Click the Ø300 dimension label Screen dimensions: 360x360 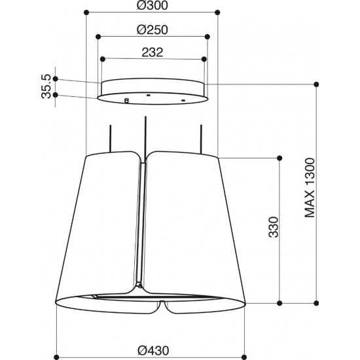click(x=153, y=5)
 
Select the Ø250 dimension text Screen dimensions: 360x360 click(x=153, y=30)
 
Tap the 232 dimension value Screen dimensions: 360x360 click(x=153, y=52)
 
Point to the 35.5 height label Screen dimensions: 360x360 click(x=46, y=86)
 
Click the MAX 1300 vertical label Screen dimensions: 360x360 click(x=310, y=188)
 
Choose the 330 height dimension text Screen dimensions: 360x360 click(x=274, y=227)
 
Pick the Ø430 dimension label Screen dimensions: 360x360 click(x=153, y=351)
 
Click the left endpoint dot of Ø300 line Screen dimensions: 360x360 click(x=86, y=12)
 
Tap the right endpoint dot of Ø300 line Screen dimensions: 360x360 click(x=217, y=12)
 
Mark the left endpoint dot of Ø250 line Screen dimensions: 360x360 click(x=98, y=37)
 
